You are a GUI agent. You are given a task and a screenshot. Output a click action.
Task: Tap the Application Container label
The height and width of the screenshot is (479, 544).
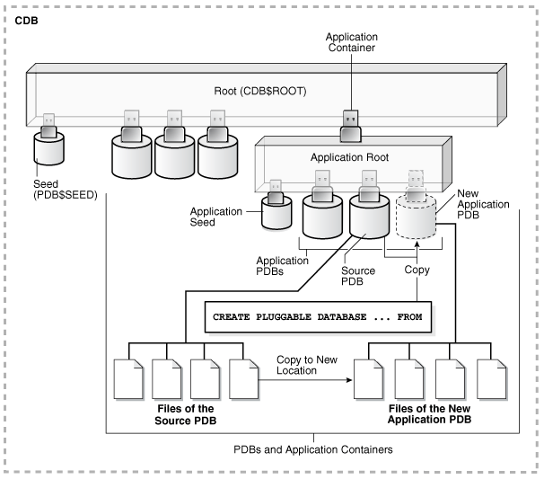tap(350, 41)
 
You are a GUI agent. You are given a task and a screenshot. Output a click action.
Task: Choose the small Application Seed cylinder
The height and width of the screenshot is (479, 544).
tap(276, 212)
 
